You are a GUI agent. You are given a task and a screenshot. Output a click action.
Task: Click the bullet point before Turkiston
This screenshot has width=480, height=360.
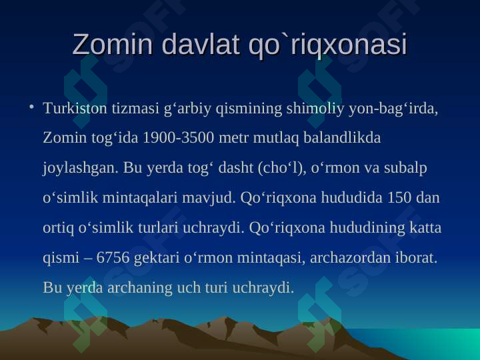31,107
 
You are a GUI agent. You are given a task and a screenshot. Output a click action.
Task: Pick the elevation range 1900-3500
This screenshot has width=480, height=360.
169,139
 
